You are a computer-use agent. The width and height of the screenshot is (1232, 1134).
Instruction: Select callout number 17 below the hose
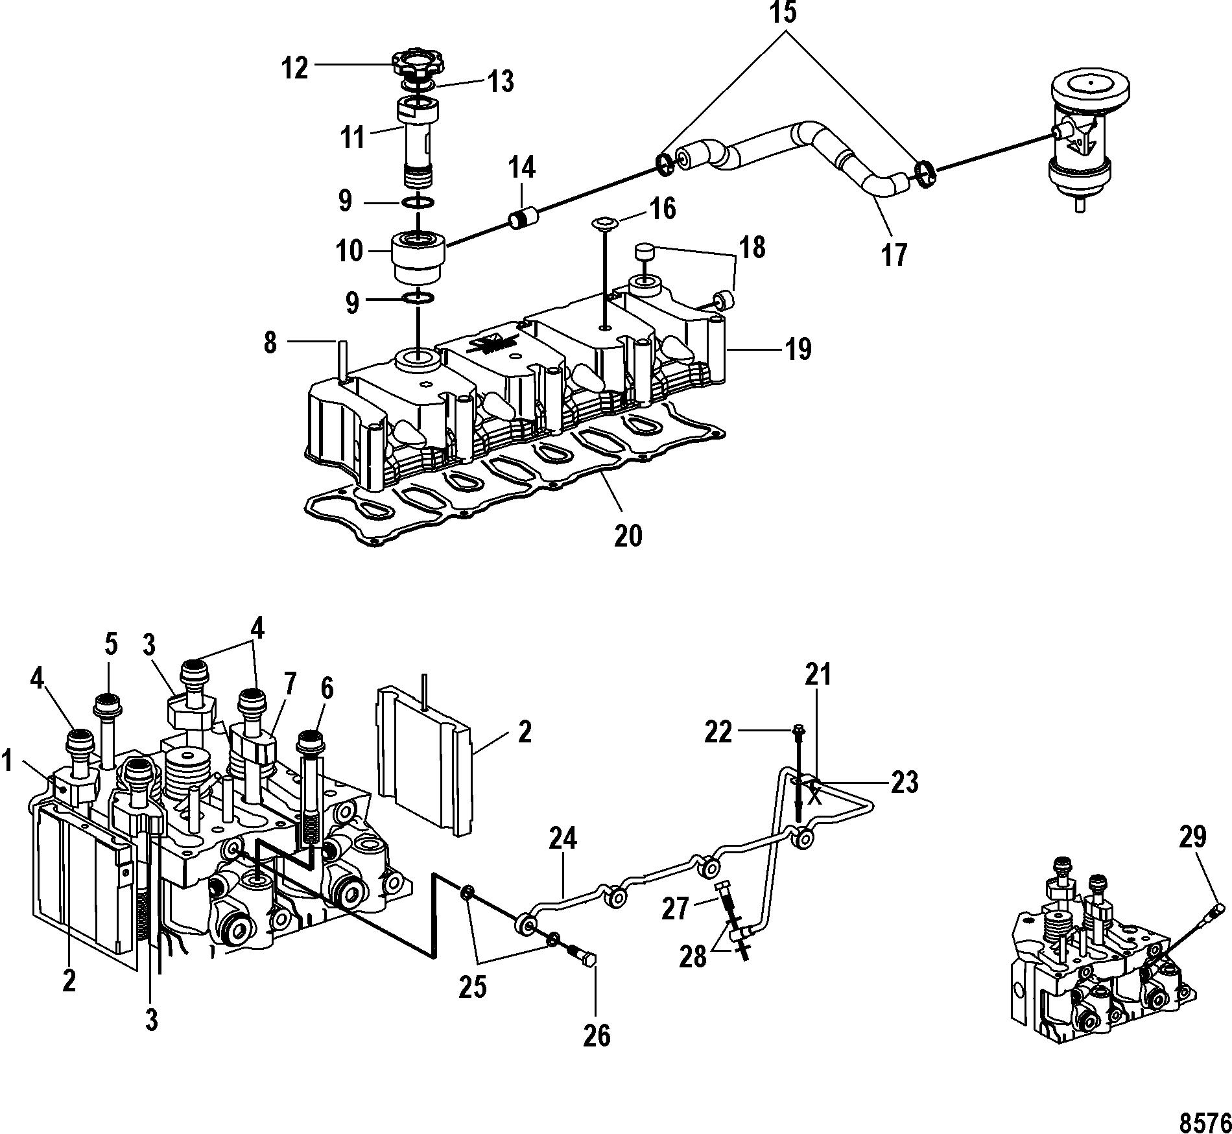[894, 255]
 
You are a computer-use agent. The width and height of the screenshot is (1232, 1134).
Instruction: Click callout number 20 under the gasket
[628, 536]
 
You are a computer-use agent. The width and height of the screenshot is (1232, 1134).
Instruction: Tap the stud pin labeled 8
[341, 357]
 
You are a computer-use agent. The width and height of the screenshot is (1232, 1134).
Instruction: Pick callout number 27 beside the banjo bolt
[675, 909]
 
